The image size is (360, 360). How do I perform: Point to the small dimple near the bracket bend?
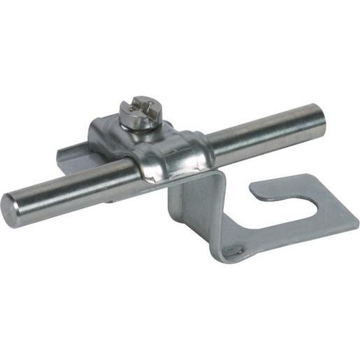(x=238, y=247)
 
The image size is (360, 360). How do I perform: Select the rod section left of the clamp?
(x=70, y=185)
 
